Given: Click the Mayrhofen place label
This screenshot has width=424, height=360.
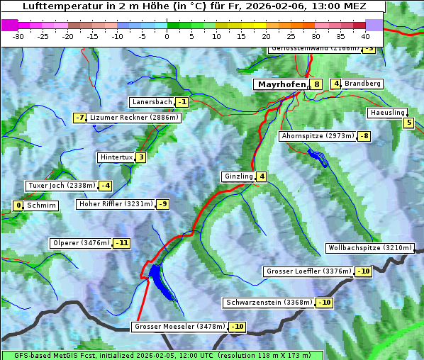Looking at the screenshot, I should [281, 84].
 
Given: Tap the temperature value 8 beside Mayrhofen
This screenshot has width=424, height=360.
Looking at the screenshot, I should [316, 84].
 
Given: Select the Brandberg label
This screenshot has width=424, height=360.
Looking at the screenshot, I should [363, 84].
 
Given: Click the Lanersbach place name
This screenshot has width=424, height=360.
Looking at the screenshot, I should [152, 102].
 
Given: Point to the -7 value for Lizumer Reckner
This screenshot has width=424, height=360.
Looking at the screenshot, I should [80, 118].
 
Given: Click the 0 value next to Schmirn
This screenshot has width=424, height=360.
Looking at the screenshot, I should [18, 206].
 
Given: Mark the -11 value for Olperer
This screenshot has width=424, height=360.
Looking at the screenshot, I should [122, 243].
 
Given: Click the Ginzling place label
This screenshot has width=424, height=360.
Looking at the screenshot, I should [238, 176].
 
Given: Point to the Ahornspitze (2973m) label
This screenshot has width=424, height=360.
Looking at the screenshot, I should [318, 135].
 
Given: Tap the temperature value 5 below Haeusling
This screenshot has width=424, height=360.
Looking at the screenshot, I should [408, 123].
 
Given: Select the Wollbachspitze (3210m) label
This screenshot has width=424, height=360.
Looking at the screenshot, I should [369, 248].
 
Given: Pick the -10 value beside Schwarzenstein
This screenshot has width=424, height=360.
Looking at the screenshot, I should [324, 303].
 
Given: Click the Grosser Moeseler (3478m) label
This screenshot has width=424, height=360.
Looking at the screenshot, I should [179, 327].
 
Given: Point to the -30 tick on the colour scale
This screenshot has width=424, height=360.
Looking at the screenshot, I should [18, 36].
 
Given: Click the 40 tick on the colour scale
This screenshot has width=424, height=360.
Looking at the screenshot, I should [365, 36].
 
